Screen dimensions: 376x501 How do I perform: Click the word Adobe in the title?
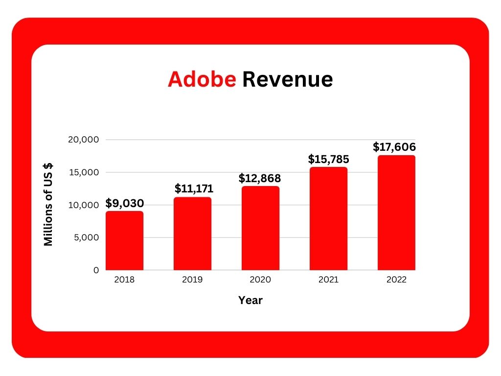[202, 79]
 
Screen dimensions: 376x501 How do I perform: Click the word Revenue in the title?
[287, 79]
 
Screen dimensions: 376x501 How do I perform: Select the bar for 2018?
[124, 241]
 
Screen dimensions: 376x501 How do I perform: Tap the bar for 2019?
[192, 234]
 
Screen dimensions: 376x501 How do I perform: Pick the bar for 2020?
[260, 228]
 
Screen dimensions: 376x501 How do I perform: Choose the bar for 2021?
[328, 219]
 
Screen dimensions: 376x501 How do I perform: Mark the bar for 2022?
[396, 213]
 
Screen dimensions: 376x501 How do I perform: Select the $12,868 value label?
[260, 178]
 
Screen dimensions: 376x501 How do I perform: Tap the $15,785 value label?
[328, 159]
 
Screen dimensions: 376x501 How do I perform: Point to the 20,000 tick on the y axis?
[84, 140]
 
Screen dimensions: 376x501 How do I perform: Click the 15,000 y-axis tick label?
[84, 172]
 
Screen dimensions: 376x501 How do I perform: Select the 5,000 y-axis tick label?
[86, 237]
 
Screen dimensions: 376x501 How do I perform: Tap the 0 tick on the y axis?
[96, 270]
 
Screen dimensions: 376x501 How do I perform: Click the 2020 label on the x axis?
[260, 280]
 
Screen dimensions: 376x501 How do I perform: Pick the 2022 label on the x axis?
[396, 280]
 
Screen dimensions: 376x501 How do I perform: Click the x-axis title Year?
[250, 301]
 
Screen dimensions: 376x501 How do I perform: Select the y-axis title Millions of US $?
[48, 205]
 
